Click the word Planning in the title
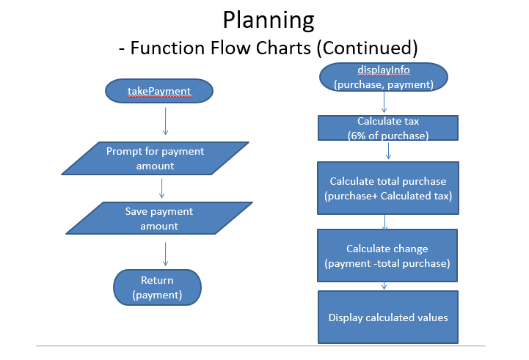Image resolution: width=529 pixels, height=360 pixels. pyautogui.click(x=269, y=21)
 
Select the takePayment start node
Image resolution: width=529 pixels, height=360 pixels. pyautogui.click(x=159, y=91)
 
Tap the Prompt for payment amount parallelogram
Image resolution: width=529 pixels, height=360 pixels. pyautogui.click(x=156, y=158)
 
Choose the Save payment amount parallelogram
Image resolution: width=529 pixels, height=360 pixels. pyautogui.click(x=159, y=218)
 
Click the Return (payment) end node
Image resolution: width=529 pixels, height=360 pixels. pyautogui.click(x=157, y=287)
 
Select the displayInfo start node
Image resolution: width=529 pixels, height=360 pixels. pyautogui.click(x=384, y=77)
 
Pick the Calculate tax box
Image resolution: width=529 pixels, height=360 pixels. pyautogui.click(x=388, y=128)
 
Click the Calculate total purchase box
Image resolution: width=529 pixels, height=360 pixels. pyautogui.click(x=388, y=188)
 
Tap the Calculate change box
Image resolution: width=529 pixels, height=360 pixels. pyautogui.click(x=387, y=255)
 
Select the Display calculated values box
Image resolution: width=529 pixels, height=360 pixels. pyautogui.click(x=388, y=317)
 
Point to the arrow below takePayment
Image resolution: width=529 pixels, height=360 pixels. pyautogui.click(x=165, y=122)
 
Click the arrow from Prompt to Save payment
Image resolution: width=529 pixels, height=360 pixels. pyautogui.click(x=162, y=188)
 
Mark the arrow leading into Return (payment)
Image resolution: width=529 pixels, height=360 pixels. pyautogui.click(x=165, y=254)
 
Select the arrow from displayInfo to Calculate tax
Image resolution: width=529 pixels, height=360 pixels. pyautogui.click(x=384, y=102)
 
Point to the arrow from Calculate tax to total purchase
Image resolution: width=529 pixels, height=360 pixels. pyautogui.click(x=388, y=151)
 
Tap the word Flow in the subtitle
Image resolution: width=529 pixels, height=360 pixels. pyautogui.click(x=231, y=48)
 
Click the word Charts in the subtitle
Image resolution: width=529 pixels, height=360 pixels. pyautogui.click(x=283, y=48)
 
